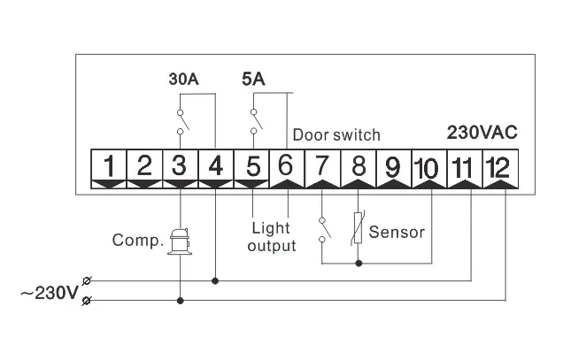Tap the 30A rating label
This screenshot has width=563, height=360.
[x=183, y=79]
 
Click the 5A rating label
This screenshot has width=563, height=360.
[x=253, y=79]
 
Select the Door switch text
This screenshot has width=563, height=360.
[x=336, y=135]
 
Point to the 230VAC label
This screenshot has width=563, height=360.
[x=482, y=132]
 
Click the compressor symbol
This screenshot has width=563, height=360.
[x=181, y=239]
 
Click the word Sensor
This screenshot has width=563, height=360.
[x=397, y=234]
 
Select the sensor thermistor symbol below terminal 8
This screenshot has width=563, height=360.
[x=359, y=228]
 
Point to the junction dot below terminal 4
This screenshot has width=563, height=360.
[x=216, y=281]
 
